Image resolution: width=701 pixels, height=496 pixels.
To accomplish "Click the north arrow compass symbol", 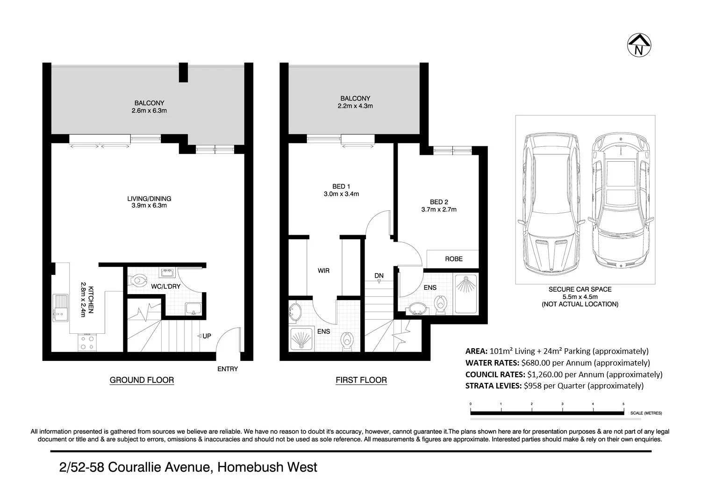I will coord(638,46).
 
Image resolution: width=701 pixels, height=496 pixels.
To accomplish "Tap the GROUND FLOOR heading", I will coord(142,380).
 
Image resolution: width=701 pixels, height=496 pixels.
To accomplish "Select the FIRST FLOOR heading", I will coord(361,380).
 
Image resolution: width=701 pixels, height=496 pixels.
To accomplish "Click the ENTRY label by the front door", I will coord(228,369).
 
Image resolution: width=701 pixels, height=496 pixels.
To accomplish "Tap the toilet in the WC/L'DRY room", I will coord(139,281).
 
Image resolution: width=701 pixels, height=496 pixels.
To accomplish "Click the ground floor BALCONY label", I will coord(149,103).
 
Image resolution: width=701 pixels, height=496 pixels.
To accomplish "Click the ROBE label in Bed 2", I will coord(453,259).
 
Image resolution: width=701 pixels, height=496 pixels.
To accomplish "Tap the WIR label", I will coord(323,271).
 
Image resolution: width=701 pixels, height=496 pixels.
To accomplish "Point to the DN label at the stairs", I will coord(379,276).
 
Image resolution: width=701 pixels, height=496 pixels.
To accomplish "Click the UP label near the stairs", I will coord(207,336).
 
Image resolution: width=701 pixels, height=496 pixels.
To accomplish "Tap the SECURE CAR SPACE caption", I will coord(580,289).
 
